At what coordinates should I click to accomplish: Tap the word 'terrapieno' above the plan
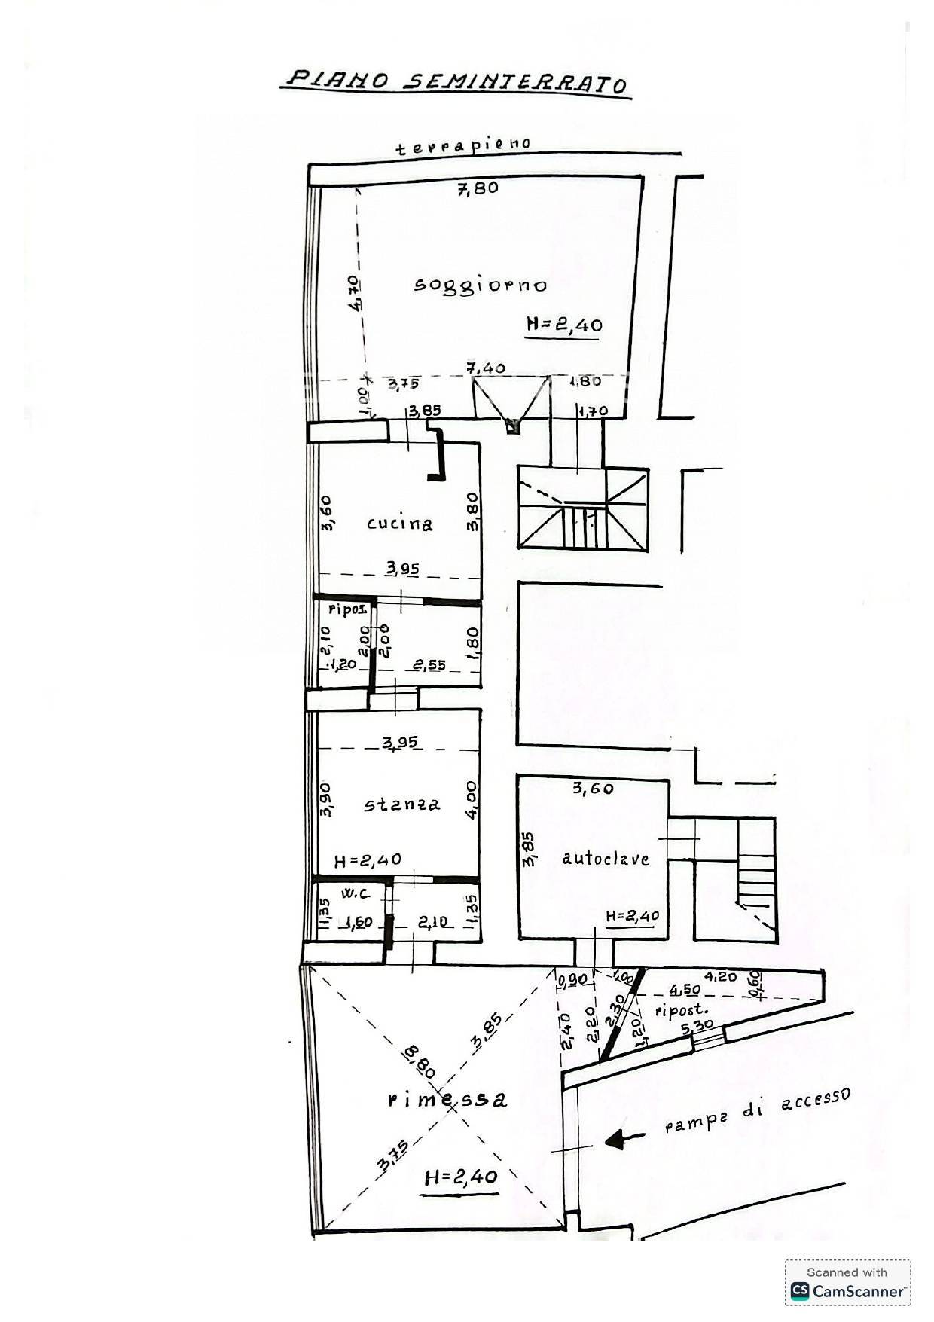[463, 145]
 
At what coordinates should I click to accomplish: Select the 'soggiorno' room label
[481, 285]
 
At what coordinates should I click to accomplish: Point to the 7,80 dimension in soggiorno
[478, 188]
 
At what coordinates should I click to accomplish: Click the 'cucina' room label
[400, 523]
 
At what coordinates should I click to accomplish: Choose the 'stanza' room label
[402, 804]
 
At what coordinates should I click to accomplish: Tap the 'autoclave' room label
[606, 858]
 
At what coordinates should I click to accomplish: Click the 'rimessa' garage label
[447, 1100]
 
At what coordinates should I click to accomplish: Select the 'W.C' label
[355, 894]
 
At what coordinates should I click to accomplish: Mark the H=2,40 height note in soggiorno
[563, 325]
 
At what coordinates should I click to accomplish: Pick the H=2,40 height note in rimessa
[461, 1176]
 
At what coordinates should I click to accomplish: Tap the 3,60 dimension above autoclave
[593, 789]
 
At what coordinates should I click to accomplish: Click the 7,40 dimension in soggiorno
[486, 368]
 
